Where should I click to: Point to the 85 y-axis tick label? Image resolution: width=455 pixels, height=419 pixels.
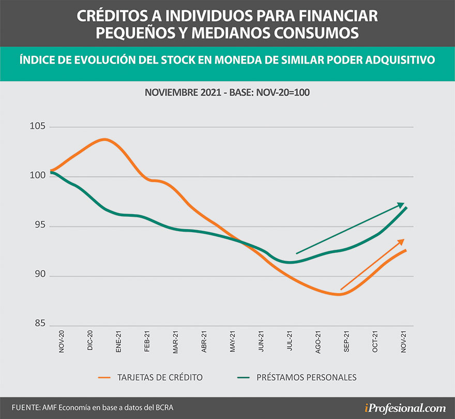[40, 326]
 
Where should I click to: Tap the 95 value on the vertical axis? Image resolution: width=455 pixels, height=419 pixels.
[40, 226]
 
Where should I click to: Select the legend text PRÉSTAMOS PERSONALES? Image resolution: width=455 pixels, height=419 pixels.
[306, 377]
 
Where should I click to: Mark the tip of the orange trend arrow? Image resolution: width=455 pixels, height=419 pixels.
[404, 239]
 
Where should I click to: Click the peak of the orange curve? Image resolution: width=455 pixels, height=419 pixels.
[105, 139]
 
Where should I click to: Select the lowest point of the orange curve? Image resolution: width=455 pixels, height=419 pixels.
[339, 294]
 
